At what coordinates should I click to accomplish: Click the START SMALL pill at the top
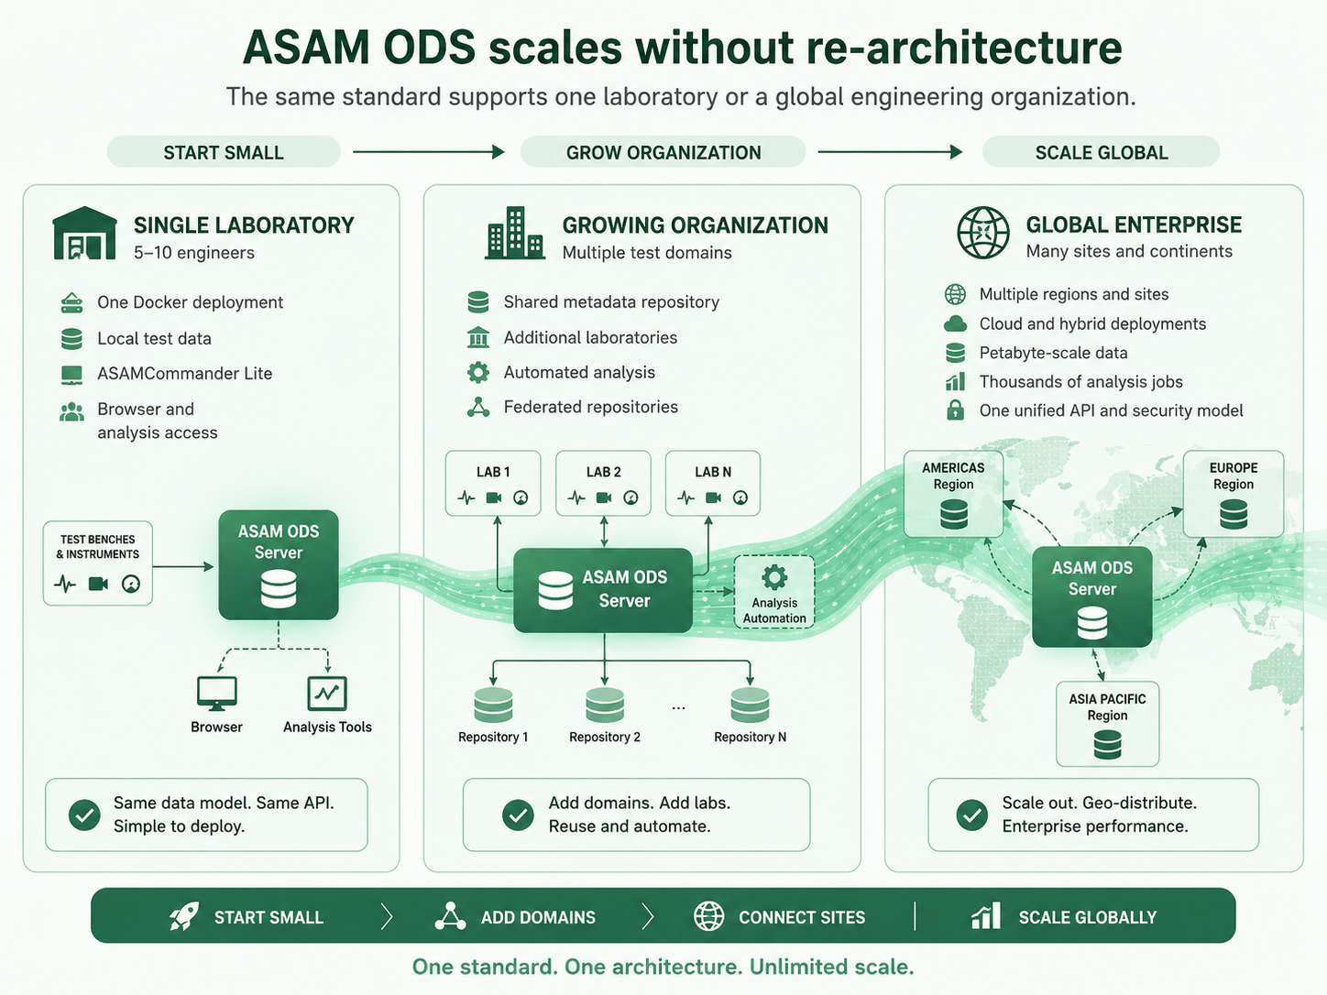point(223,152)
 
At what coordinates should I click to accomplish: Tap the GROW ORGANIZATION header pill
point(663,152)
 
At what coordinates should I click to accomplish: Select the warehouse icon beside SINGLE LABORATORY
point(84,234)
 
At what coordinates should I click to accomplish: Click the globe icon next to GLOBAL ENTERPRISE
point(983,233)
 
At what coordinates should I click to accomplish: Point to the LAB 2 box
point(603,483)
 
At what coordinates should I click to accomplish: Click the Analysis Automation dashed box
point(773,592)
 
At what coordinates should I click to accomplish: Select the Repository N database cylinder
point(750,705)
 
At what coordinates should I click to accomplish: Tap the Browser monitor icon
point(216,694)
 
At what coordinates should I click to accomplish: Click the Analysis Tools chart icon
point(327,693)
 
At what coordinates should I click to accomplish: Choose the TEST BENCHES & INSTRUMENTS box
point(98,563)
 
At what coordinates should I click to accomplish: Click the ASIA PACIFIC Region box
point(1107,724)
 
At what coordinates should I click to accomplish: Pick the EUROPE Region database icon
point(1234,514)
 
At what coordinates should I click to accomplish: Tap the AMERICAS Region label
point(953,476)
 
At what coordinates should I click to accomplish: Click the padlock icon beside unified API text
point(955,410)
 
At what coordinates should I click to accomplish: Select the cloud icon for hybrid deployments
point(955,323)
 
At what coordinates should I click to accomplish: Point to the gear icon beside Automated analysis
point(478,372)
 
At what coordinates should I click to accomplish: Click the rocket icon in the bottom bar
point(184,916)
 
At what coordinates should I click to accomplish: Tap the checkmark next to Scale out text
point(971,815)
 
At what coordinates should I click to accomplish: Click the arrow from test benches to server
point(183,566)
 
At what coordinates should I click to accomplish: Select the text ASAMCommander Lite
point(185,373)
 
